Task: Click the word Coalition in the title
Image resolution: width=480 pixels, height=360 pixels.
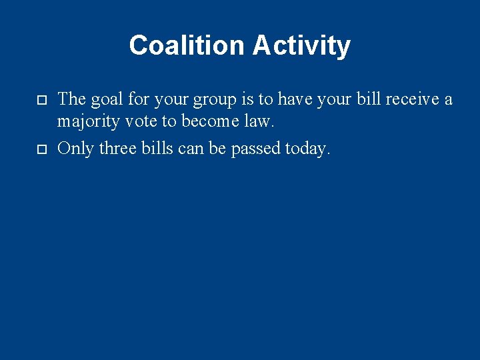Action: pyautogui.click(x=188, y=45)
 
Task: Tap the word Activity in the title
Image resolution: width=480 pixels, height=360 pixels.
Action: pyautogui.click(x=301, y=45)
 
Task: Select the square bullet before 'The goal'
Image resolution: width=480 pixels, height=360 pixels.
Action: pyautogui.click(x=41, y=100)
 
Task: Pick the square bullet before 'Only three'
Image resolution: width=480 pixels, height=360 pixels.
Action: pyautogui.click(x=41, y=148)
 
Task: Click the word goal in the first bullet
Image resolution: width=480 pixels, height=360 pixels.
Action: pyautogui.click(x=106, y=99)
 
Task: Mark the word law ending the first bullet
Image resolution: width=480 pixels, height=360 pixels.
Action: pyautogui.click(x=261, y=123)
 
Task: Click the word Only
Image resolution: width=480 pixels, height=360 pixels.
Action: pyautogui.click(x=76, y=148)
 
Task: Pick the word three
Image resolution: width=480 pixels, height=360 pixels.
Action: pyautogui.click(x=118, y=148)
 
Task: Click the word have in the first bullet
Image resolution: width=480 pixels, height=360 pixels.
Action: pyautogui.click(x=297, y=99)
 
